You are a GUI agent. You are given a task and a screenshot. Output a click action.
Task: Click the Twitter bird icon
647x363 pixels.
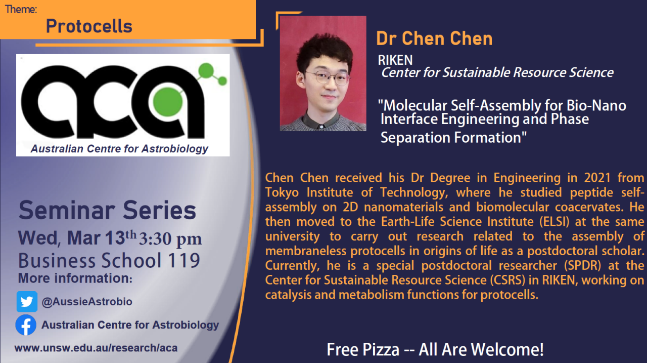(27, 302)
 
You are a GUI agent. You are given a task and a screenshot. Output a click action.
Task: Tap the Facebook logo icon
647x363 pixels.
(26, 325)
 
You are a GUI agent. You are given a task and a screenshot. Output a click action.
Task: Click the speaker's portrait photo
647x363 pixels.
(323, 73)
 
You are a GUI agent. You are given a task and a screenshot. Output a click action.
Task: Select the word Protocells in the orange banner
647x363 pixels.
(89, 26)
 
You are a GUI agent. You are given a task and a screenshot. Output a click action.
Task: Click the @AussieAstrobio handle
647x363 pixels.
(87, 302)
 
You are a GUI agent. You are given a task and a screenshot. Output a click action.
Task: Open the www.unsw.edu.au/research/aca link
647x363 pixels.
(96, 348)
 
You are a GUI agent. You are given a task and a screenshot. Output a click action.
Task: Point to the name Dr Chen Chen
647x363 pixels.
(434, 39)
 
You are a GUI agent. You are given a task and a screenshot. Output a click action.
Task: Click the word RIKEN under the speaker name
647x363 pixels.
(395, 60)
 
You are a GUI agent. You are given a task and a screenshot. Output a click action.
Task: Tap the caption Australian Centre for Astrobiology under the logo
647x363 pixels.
(119, 149)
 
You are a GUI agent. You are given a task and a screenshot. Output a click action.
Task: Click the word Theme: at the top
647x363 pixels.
(21, 9)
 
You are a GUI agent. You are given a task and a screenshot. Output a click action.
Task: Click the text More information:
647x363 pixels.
(75, 278)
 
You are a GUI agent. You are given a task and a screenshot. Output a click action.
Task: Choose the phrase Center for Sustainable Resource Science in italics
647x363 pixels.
(497, 72)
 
